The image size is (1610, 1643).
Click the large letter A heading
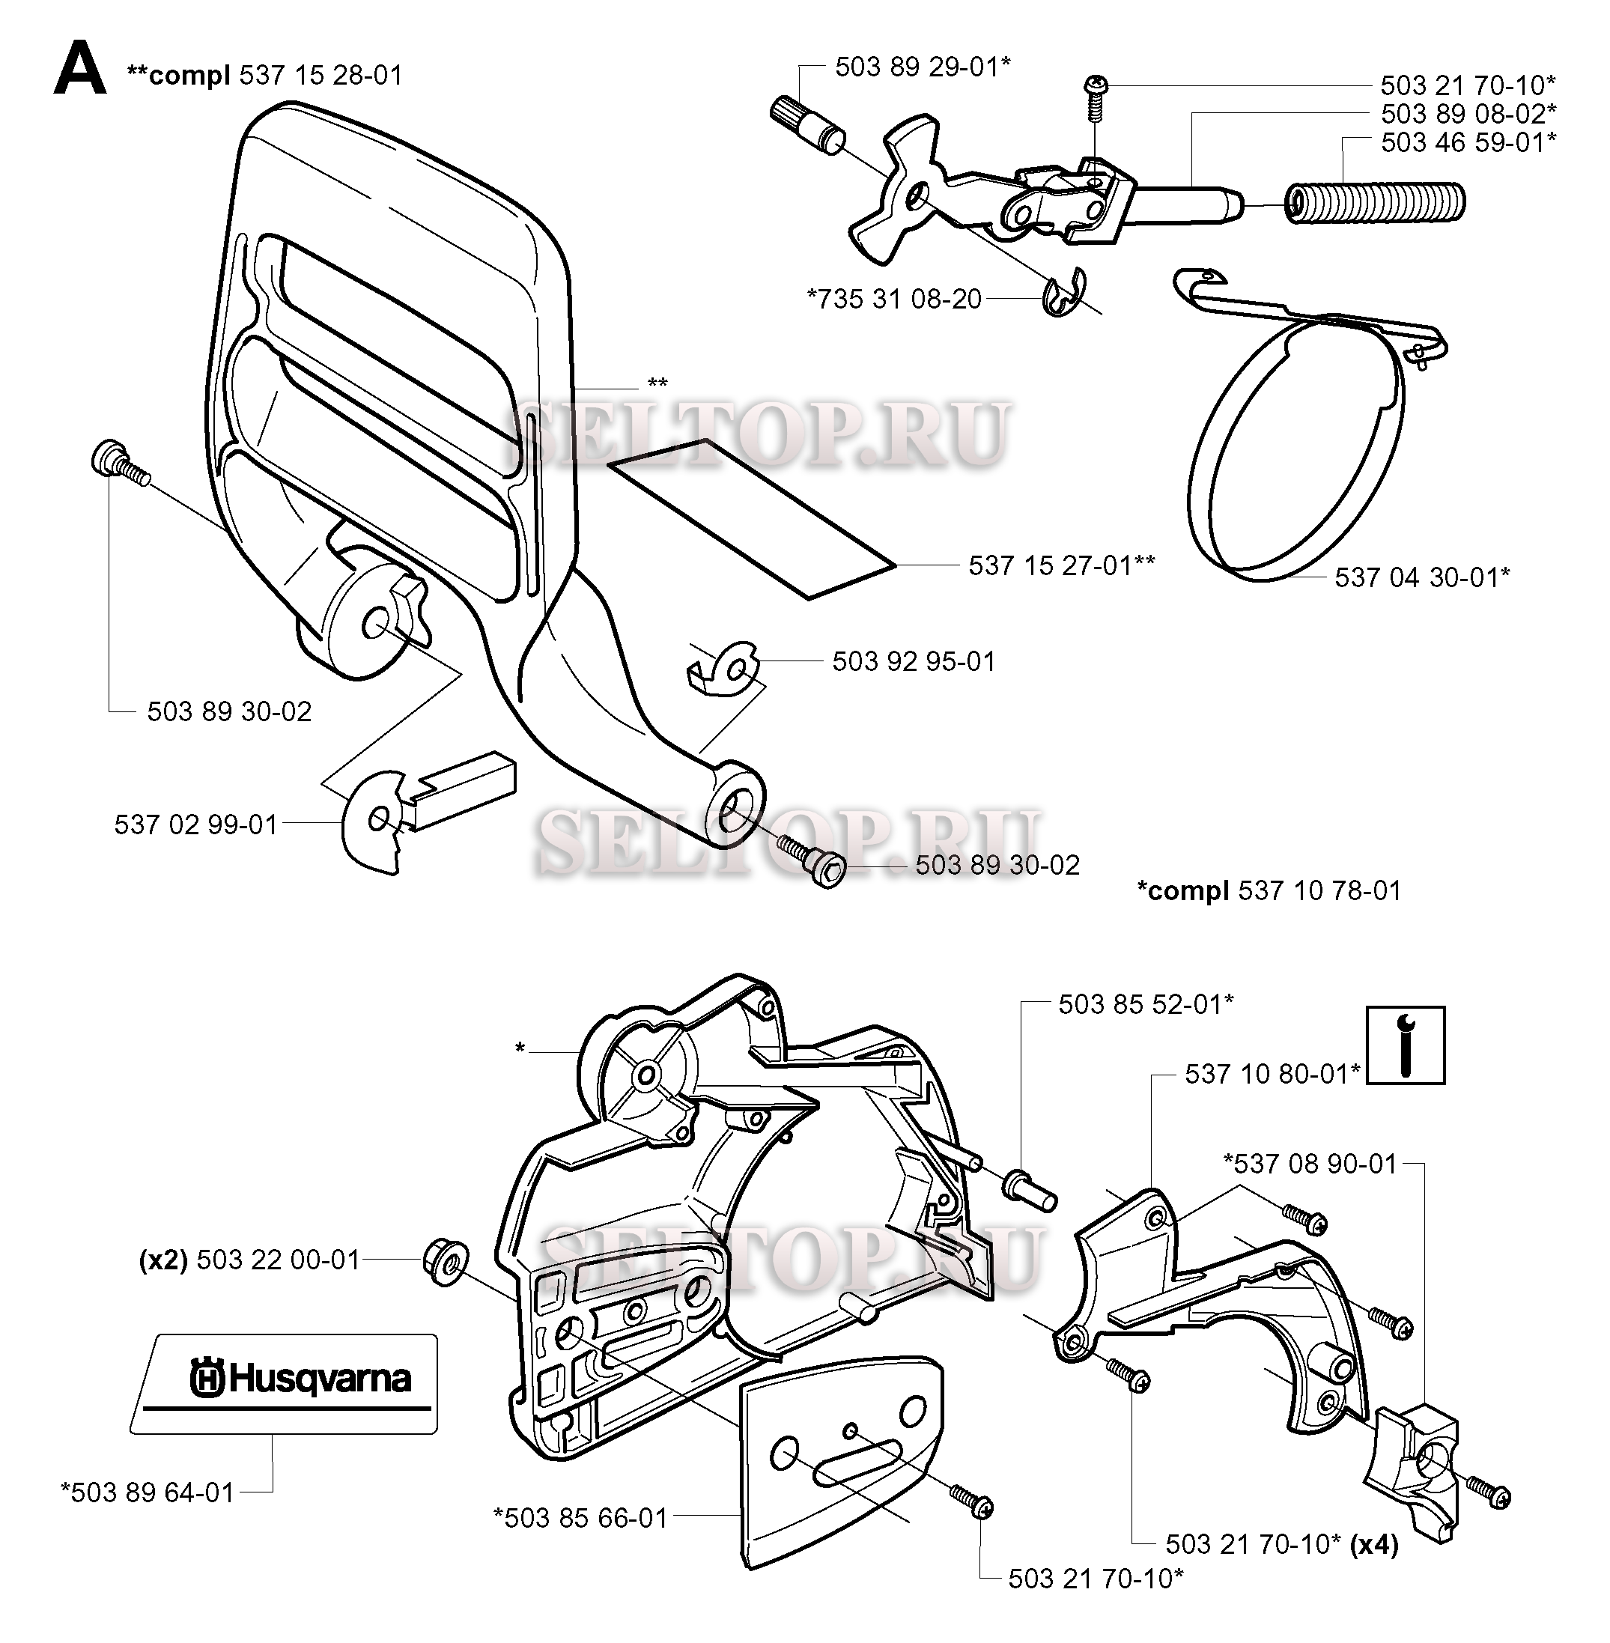tap(80, 70)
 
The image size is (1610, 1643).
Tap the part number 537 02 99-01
tap(196, 824)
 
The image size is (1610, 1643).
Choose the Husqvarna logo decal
tap(286, 1383)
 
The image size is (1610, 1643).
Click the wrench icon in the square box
tap(1406, 1045)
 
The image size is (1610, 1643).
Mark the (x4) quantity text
tap(1374, 1545)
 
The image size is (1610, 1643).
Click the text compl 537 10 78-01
tap(1269, 890)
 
